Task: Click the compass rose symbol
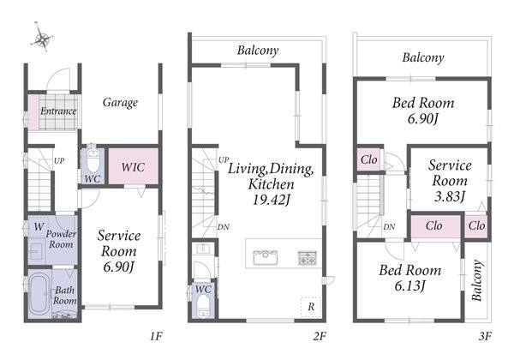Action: click(42, 39)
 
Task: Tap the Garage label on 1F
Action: click(120, 103)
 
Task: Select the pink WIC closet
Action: click(133, 166)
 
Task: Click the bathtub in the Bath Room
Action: click(39, 294)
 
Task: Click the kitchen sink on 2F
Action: click(266, 257)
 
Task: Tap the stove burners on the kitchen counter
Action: click(308, 258)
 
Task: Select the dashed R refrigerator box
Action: click(311, 307)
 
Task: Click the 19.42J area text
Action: click(272, 200)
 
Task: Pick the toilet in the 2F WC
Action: click(203, 306)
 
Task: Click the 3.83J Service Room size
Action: click(450, 196)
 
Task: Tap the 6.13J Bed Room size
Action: click(409, 286)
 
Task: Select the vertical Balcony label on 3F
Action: click(477, 280)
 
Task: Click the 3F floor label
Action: click(485, 336)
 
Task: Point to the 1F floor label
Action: click(156, 336)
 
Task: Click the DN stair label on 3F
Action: click(389, 226)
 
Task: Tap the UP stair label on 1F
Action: click(59, 160)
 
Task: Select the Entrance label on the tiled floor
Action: click(58, 111)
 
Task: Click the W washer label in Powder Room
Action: click(39, 226)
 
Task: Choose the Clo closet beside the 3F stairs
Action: click(368, 159)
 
